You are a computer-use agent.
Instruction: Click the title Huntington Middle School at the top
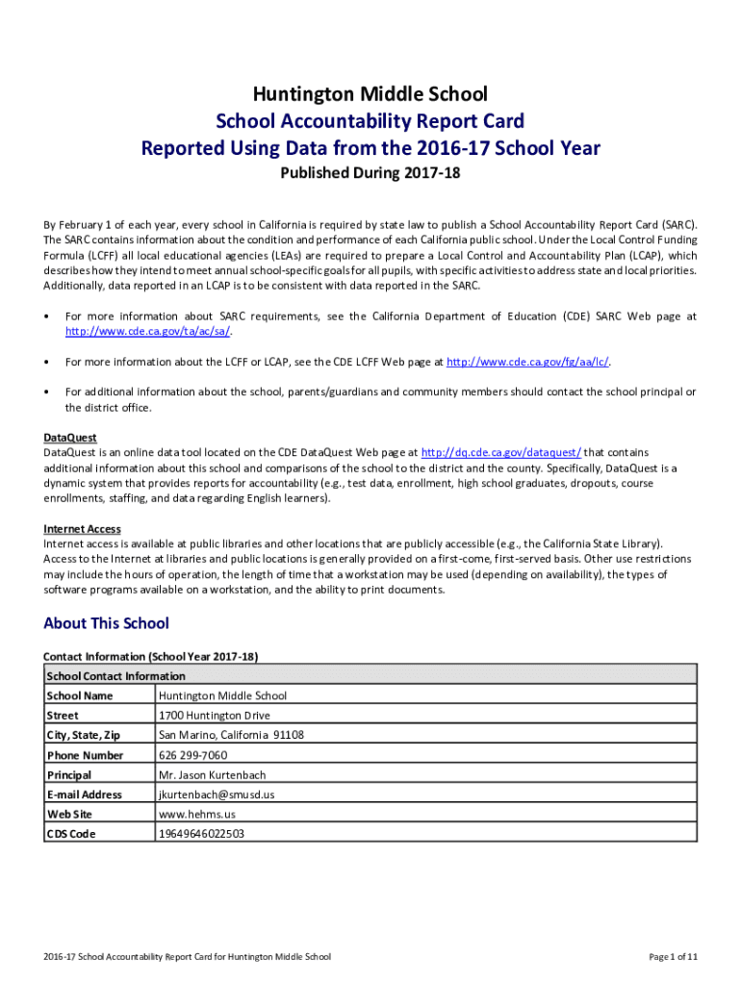click(370, 94)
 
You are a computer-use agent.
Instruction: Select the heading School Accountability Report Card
click(370, 121)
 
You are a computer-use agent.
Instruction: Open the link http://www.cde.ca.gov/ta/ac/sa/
click(148, 332)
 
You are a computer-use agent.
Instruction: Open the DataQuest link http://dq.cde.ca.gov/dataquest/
click(501, 452)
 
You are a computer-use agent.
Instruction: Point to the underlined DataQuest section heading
click(70, 437)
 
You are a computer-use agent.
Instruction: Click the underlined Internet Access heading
click(82, 529)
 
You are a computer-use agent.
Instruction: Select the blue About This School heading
click(106, 623)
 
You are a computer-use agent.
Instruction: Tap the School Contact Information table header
click(115, 676)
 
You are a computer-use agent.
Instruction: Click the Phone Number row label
click(85, 755)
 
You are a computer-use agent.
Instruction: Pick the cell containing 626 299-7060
click(192, 755)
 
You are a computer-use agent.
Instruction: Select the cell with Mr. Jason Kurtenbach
click(212, 775)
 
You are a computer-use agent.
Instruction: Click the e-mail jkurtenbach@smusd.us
click(217, 795)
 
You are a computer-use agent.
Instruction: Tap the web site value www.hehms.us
click(196, 815)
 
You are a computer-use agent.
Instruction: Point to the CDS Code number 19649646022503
click(201, 834)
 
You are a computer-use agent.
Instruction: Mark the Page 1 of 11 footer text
click(673, 957)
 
